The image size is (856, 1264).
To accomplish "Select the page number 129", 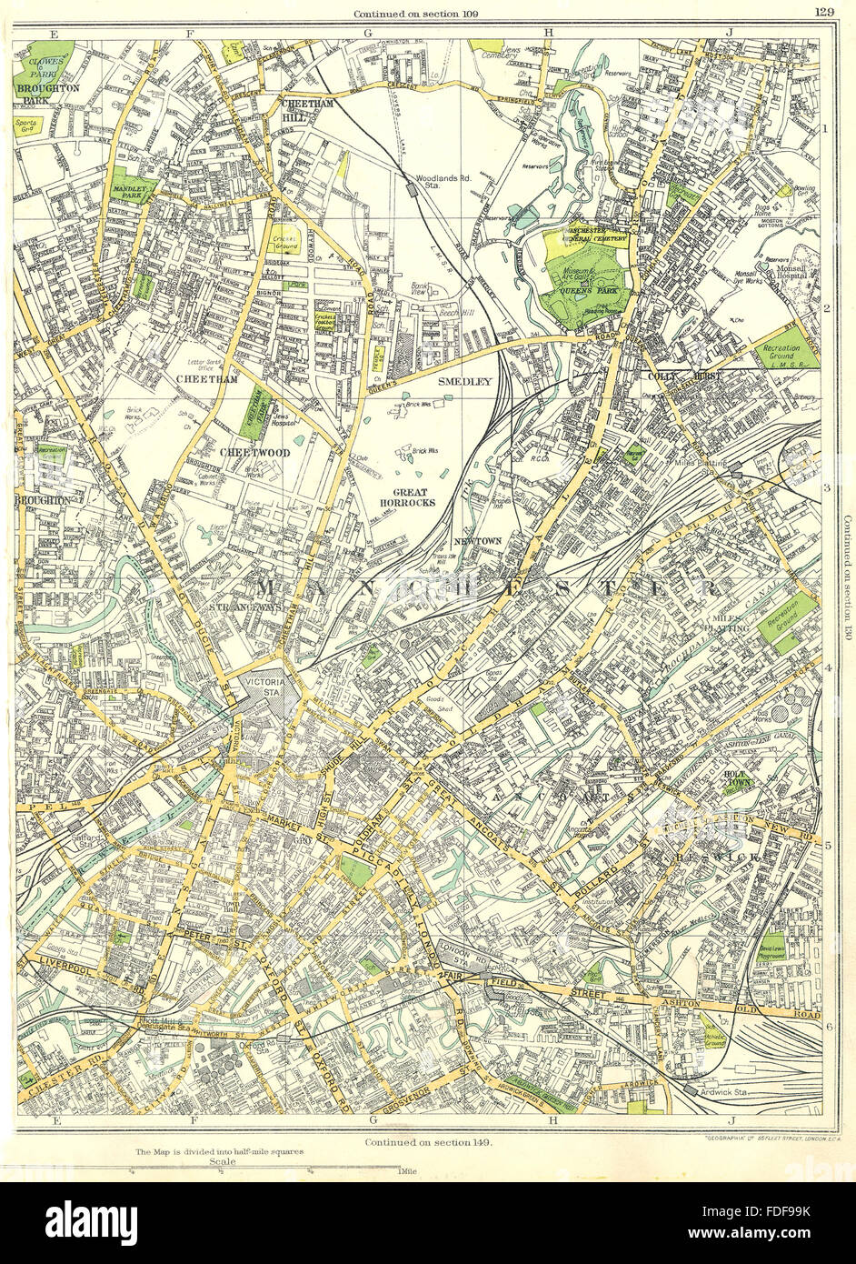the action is point(825,11).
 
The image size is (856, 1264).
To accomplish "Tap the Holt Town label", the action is point(736,778).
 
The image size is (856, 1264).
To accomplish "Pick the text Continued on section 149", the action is point(428,1141).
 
